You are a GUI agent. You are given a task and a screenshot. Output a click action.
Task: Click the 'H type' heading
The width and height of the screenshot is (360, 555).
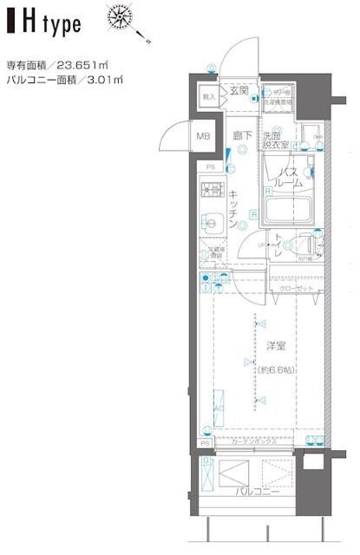click(48, 23)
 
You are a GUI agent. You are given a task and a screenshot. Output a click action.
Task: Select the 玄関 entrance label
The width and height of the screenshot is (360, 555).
click(239, 91)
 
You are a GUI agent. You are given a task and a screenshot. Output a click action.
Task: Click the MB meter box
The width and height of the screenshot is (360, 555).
click(202, 136)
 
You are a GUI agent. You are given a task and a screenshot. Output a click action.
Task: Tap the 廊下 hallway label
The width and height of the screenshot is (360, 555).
click(241, 136)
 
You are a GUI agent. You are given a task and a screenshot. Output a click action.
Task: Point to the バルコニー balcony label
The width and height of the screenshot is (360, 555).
click(252, 491)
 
